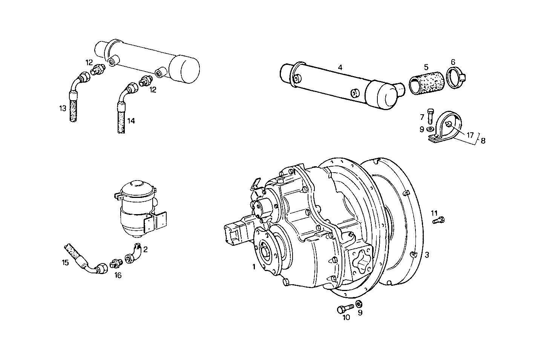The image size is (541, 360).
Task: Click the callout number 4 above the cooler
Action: pyautogui.click(x=340, y=67)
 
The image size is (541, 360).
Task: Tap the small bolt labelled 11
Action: pyautogui.click(x=438, y=220)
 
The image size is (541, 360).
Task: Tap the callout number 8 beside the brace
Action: pyautogui.click(x=483, y=141)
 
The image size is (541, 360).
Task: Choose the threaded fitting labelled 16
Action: pyautogui.click(x=115, y=264)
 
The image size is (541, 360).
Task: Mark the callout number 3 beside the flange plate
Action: pyautogui.click(x=426, y=255)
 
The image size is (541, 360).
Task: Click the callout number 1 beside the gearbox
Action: pyautogui.click(x=254, y=267)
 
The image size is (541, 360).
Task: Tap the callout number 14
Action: pyautogui.click(x=130, y=121)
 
